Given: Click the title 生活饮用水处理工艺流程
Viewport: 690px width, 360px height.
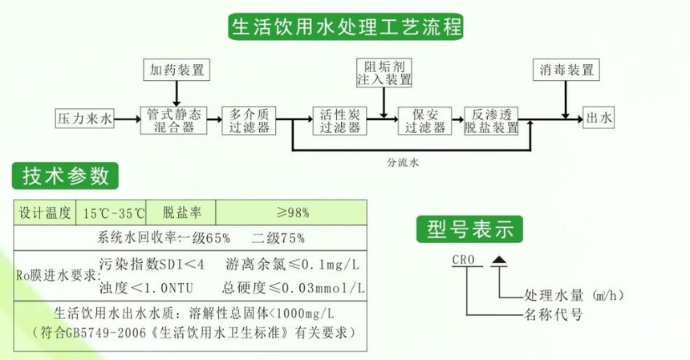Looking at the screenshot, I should (x=347, y=27).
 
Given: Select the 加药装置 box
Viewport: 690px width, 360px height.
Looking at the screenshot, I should (x=177, y=70).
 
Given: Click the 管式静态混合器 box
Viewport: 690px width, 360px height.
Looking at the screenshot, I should (x=172, y=119).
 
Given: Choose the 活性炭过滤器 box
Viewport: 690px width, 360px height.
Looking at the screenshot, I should (x=339, y=119).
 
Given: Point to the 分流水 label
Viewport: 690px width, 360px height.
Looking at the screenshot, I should (x=403, y=162).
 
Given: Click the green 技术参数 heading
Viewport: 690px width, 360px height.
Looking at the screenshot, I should (x=66, y=176).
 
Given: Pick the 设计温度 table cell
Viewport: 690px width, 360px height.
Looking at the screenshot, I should (x=46, y=213).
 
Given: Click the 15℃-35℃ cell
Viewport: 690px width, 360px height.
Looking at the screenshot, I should (x=113, y=213).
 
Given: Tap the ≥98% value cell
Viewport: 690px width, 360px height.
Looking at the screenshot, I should (x=292, y=213).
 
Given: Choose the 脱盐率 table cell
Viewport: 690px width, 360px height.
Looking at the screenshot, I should (x=182, y=213).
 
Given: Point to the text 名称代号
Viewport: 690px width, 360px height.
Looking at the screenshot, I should (x=553, y=314).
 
